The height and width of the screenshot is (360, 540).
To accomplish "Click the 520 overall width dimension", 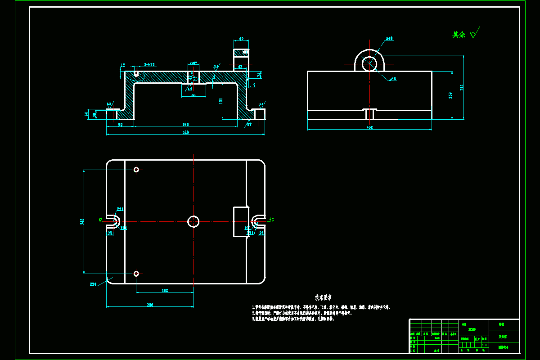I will (185, 132).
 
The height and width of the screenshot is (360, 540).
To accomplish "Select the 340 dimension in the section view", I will (185, 124).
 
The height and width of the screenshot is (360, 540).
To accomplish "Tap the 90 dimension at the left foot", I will (120, 124).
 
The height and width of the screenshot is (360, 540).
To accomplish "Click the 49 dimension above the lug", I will (241, 39).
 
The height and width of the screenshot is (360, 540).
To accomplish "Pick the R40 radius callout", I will (389, 39).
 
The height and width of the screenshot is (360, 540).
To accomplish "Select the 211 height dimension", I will (461, 88).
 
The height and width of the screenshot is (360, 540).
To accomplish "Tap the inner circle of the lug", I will (369, 63).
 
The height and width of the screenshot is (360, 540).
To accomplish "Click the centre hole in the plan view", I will (193, 221).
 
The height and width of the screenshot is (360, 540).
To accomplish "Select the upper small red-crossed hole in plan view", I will (136, 170).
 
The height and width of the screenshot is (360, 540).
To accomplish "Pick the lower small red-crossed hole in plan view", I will (136, 273).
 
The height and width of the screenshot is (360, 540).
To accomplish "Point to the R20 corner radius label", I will (93, 284).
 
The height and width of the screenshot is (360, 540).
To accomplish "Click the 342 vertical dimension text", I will (82, 221).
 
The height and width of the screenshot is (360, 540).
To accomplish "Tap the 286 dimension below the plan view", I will (150, 305).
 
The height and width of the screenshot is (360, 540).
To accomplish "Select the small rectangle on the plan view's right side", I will (241, 221).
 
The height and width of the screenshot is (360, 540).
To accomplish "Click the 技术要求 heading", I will (323, 297).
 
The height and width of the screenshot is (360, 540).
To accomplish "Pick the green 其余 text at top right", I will (459, 35).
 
